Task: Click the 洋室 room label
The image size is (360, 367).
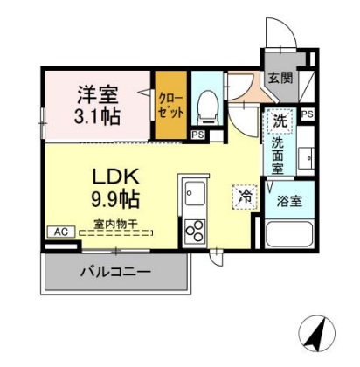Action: click(x=98, y=94)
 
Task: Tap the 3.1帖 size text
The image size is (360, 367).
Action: click(x=97, y=116)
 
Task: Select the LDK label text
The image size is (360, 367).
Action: click(x=115, y=177)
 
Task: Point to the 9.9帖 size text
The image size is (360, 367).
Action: click(x=115, y=198)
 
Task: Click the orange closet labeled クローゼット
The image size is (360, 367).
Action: click(x=170, y=105)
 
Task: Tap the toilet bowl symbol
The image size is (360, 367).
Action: click(x=207, y=107)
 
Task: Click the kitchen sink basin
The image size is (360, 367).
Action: click(x=195, y=193)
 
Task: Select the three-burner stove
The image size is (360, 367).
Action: click(x=195, y=231)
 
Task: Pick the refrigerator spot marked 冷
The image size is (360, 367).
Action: click(x=246, y=197)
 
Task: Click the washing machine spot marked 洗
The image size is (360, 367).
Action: click(x=280, y=121)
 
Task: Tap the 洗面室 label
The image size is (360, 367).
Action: click(x=278, y=156)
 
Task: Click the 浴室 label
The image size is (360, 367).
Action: click(x=289, y=201)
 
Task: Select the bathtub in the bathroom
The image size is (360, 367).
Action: click(x=289, y=234)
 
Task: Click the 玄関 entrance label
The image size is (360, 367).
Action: click(x=280, y=78)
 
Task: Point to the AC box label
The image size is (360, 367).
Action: click(x=61, y=232)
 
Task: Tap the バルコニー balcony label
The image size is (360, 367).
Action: click(x=115, y=272)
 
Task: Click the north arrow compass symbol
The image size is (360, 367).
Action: click(x=317, y=333)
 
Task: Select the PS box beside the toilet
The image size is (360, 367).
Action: click(x=197, y=135)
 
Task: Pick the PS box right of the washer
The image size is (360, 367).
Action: click(x=308, y=114)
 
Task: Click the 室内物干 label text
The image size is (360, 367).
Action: click(x=115, y=224)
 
